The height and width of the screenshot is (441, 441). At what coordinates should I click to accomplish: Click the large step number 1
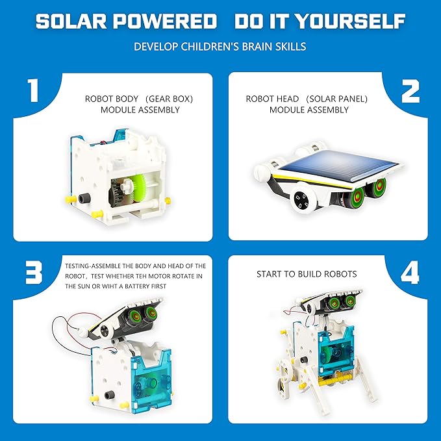coord(31,92)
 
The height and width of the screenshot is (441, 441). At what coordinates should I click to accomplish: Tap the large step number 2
coord(410,92)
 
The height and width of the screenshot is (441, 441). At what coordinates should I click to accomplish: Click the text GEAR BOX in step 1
coord(170,99)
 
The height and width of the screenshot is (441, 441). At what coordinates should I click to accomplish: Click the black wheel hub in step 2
coord(301,202)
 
